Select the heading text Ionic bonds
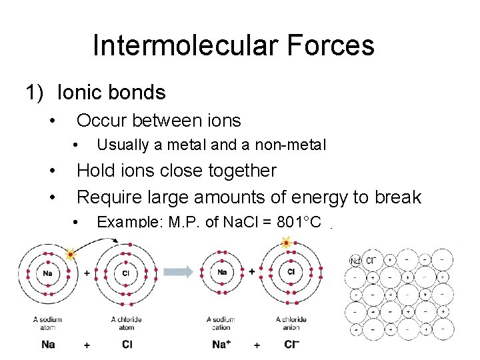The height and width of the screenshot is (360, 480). pos(111,92)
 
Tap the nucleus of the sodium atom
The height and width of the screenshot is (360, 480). pos(47,273)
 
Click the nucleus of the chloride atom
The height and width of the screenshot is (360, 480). pos(126,273)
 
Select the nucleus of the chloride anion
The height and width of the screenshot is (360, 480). pos(291,271)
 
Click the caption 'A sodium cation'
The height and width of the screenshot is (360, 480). pos(221,323)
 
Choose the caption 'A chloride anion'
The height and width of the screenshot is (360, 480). pos(291,323)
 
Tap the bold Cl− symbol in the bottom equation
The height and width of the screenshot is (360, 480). pos(291,345)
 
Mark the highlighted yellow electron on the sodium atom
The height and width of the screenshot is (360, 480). pos(71,254)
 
